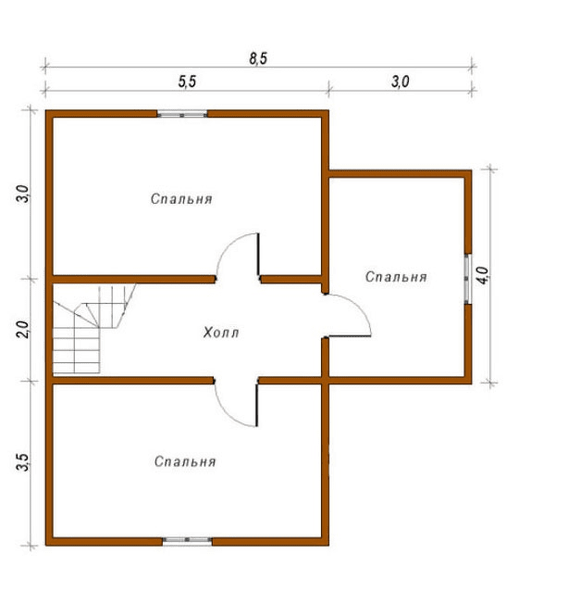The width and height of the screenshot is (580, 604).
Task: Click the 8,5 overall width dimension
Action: tap(258, 58)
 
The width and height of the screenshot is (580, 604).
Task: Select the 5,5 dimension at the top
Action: tap(187, 82)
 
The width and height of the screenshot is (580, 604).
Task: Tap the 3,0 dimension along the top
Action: tap(401, 82)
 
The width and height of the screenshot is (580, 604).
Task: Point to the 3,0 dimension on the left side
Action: tap(23, 194)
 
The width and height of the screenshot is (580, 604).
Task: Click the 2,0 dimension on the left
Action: tap(23, 330)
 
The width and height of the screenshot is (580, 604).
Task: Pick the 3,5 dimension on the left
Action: tap(23, 462)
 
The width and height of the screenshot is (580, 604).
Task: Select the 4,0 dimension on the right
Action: tap(483, 275)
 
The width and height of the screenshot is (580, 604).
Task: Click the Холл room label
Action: tap(221, 333)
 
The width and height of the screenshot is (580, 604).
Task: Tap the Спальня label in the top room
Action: tap(181, 199)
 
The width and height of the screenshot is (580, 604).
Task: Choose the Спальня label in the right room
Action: tap(396, 277)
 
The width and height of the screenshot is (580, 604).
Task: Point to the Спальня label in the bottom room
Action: tap(185, 461)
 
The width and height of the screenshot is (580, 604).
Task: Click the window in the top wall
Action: tap(182, 114)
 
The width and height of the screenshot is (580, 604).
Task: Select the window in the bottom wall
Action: tap(187, 540)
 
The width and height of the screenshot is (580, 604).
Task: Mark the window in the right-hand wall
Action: tap(468, 279)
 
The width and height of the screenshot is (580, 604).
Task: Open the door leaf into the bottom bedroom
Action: tap(256, 405)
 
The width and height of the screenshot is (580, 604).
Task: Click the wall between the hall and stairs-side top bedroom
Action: tap(133, 279)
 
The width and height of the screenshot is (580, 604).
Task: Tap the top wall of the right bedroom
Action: tap(400, 174)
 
